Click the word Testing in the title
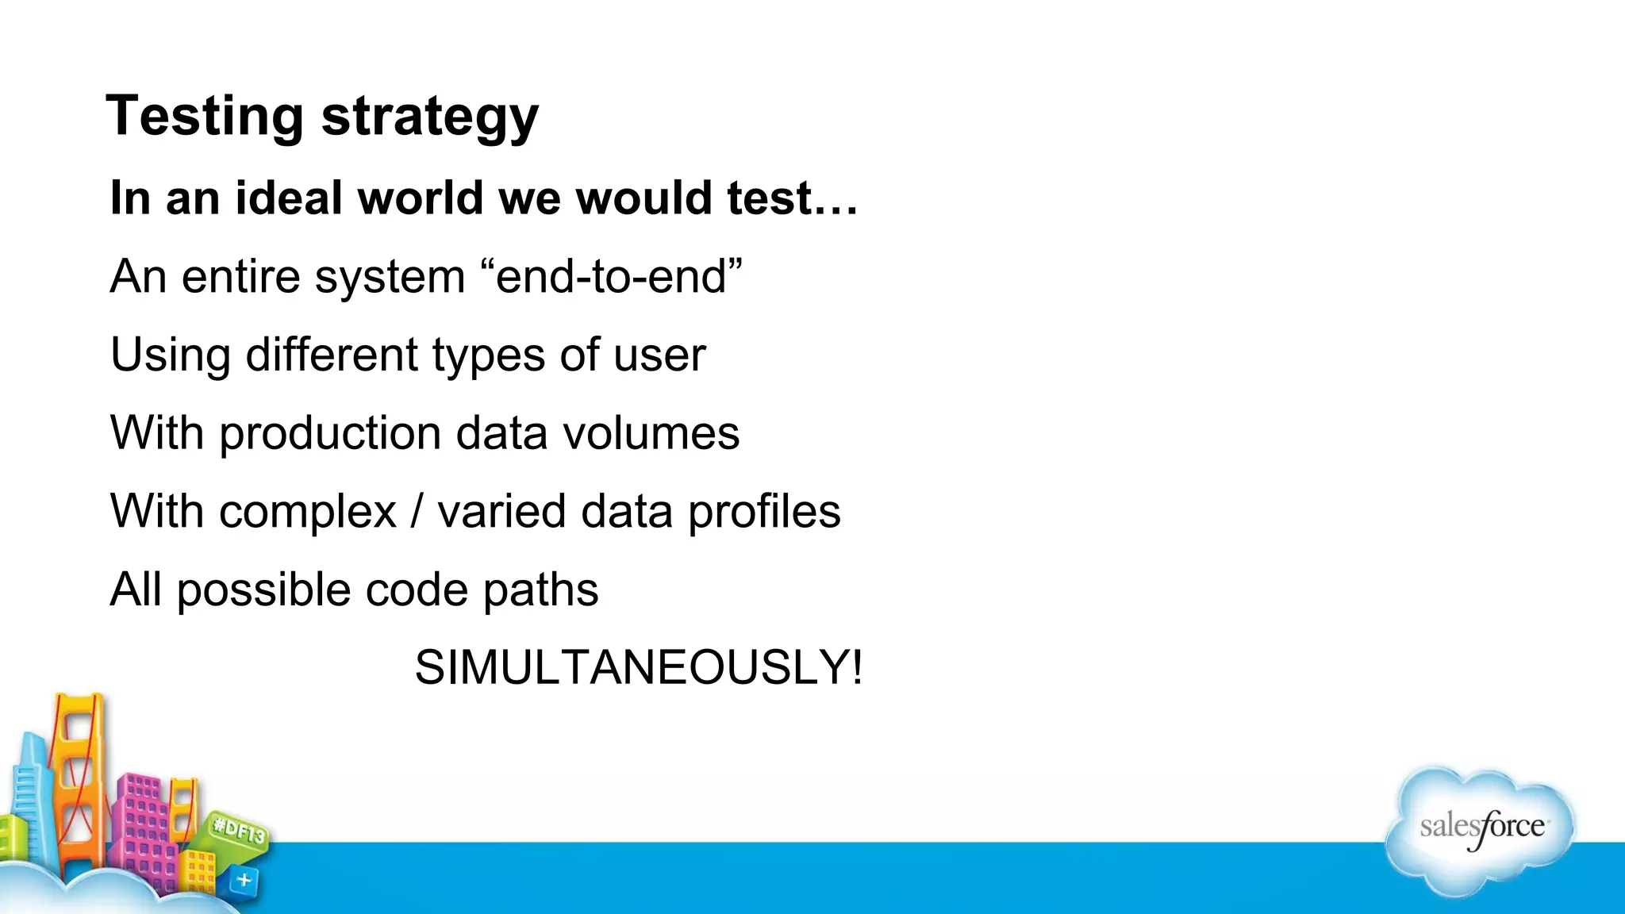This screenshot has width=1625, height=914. [x=204, y=116]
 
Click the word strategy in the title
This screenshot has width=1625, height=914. [x=429, y=119]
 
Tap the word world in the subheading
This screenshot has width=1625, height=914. [x=421, y=198]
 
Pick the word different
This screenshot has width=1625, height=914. [x=332, y=354]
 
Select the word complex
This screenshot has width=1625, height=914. [x=308, y=513]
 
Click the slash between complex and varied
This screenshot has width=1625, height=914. [x=417, y=512]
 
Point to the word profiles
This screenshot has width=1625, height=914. [x=764, y=513]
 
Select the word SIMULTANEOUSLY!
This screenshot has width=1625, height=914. [x=638, y=667]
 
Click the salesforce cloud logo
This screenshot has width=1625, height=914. [x=1481, y=830]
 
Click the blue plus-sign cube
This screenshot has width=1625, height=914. [x=244, y=880]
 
